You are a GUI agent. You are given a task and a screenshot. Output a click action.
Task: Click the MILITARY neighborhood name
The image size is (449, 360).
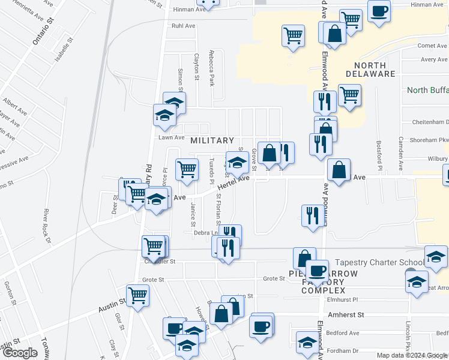(212, 140)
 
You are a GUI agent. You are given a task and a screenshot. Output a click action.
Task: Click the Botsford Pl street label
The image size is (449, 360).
(379, 154)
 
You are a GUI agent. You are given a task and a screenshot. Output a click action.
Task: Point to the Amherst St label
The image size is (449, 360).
(346, 314)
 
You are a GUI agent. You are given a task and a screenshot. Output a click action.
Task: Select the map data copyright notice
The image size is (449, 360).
(412, 355)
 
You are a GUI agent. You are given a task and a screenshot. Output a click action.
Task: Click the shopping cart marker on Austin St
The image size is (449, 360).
(138, 295)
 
